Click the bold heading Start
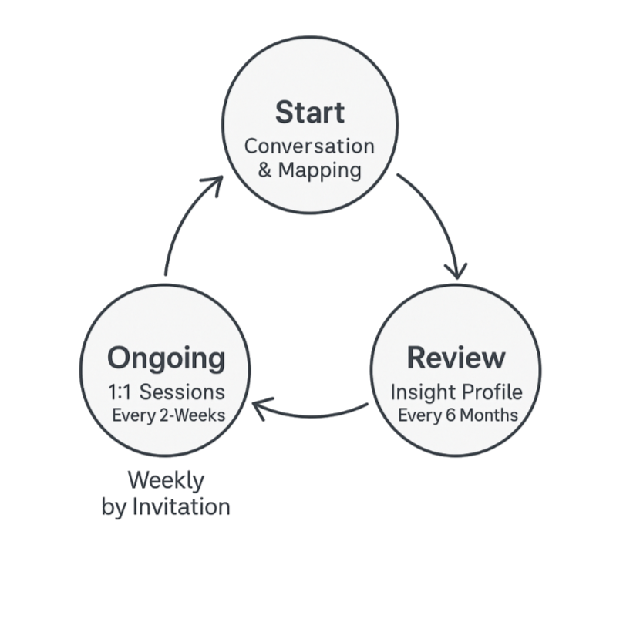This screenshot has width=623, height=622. pyautogui.click(x=309, y=113)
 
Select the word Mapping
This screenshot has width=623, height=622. pyautogui.click(x=319, y=170)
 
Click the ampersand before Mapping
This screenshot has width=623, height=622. pyautogui.click(x=264, y=170)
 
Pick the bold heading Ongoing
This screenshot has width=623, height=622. pyautogui.click(x=166, y=358)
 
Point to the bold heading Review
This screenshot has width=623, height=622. pyautogui.click(x=456, y=358)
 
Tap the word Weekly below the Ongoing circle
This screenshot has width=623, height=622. pyautogui.click(x=166, y=481)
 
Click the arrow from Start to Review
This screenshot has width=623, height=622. pyautogui.click(x=440, y=224)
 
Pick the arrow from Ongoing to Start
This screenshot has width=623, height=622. pyautogui.click(x=185, y=224)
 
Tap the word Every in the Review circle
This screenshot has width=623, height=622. pyautogui.click(x=419, y=415)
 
